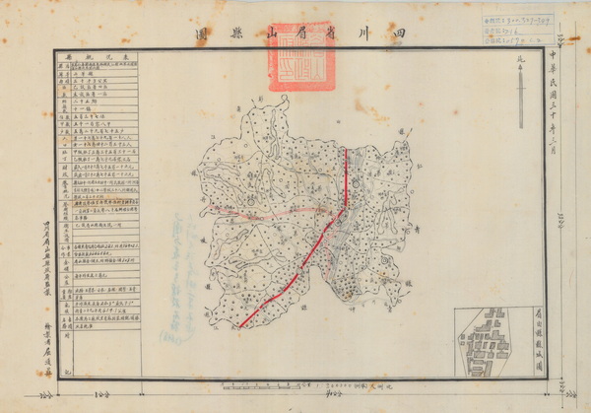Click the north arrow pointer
click(522, 94)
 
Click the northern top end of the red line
click(345, 151)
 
